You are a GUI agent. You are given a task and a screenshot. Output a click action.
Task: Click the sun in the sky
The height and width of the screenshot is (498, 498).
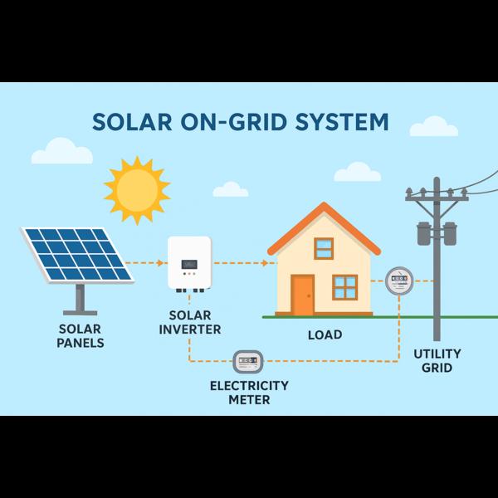click(x=137, y=190)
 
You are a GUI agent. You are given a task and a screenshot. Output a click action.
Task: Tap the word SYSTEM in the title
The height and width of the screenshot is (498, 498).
click(x=342, y=122)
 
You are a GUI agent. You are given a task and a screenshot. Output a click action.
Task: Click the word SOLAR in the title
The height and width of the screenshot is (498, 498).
click(x=132, y=122)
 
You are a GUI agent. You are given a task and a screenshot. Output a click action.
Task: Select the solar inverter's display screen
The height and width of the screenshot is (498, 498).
click(x=189, y=264)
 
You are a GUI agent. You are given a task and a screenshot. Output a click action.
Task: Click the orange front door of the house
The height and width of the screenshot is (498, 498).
click(x=303, y=295)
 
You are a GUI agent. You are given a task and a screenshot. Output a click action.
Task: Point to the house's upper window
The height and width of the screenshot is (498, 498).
click(x=324, y=248)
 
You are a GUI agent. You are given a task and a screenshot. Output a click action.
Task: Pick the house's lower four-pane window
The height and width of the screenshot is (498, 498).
click(x=345, y=287)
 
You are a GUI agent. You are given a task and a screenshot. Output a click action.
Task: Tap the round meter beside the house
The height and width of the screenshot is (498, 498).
click(x=399, y=281)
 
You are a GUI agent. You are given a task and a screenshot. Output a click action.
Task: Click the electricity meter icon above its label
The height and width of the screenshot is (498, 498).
click(x=248, y=361)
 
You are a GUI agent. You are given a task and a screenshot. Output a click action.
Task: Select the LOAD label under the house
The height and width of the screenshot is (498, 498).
click(x=325, y=334)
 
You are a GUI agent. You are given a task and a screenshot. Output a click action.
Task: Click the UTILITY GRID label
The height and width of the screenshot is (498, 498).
click(x=437, y=361)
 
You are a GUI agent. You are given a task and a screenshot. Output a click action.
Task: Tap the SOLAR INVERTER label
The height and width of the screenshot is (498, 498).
click(x=190, y=322)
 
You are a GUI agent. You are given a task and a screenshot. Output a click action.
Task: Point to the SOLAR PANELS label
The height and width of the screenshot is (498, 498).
click(x=80, y=336)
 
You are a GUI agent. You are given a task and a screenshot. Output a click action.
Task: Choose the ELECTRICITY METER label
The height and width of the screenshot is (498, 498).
click(x=249, y=393)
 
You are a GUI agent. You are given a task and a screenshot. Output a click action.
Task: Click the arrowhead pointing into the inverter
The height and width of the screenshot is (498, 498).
click(x=161, y=263)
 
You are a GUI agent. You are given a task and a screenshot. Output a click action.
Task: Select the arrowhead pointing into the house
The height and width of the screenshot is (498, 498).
click(x=265, y=263)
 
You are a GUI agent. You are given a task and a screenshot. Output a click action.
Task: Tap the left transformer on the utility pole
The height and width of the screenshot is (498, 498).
click(x=423, y=233)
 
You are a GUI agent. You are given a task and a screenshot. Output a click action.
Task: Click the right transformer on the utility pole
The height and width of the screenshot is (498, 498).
click(x=450, y=233)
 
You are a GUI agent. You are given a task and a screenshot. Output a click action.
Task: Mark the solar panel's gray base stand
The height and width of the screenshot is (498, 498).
click(x=80, y=299)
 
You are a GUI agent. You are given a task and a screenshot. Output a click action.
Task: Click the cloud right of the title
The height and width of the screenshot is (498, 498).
click(x=434, y=126)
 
